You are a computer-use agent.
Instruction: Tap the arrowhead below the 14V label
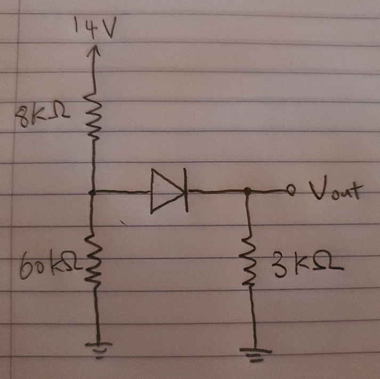[94, 51]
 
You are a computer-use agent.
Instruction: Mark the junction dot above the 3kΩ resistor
[248, 190]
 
